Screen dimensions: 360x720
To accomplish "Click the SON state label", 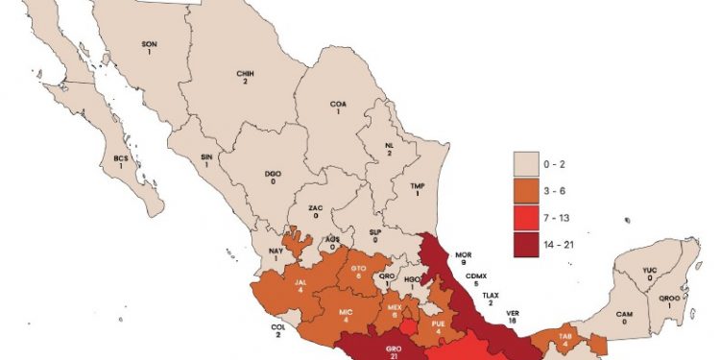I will [149, 44].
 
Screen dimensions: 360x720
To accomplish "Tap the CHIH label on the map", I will [244, 74].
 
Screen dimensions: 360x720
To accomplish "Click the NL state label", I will [388, 147].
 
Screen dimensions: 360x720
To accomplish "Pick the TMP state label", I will [418, 187].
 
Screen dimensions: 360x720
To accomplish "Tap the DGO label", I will [274, 175].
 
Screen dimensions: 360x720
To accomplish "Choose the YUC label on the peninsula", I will [650, 271].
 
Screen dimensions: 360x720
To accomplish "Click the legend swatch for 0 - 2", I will [529, 163].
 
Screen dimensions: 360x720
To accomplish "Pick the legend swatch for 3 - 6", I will [529, 191].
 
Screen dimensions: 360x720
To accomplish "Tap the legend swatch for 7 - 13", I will [529, 219].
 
